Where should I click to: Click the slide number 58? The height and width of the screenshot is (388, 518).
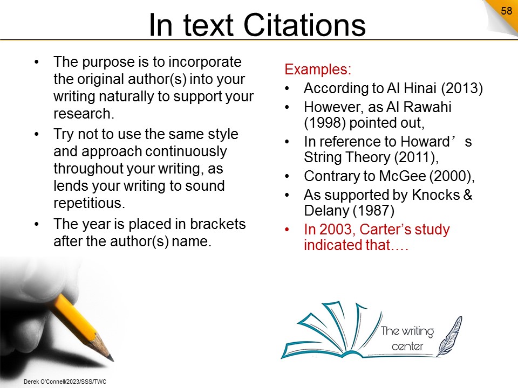[506, 11]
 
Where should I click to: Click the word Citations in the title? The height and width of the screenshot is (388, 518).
[304, 25]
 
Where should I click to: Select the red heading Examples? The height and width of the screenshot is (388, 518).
[318, 70]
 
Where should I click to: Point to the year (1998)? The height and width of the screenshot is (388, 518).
[325, 123]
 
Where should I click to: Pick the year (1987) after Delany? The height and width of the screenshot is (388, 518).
[373, 211]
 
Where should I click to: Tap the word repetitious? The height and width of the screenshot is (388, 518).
[89, 203]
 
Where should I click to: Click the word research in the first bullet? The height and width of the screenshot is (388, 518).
[84, 114]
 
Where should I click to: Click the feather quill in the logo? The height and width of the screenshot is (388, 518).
[450, 336]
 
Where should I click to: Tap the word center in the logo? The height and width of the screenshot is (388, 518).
[407, 347]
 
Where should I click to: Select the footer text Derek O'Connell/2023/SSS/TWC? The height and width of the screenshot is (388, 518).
[65, 382]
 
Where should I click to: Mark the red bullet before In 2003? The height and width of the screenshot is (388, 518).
[287, 230]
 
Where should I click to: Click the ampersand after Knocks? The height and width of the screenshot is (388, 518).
[468, 195]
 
